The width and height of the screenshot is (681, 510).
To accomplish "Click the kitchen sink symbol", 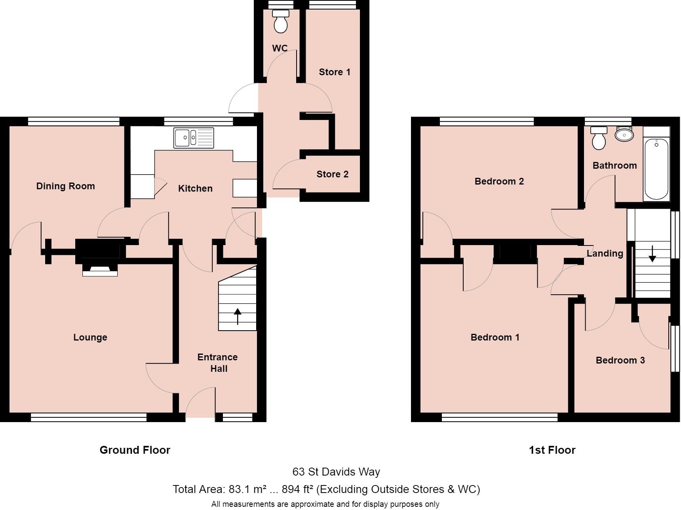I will pos(193,138).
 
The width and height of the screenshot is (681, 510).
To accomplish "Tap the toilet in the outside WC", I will pos(281,22).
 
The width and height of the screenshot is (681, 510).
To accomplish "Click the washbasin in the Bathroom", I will pos(624,135).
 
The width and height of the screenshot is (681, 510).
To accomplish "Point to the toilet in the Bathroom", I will pos(599,138).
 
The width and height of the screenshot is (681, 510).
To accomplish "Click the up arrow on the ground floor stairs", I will pos(238,316).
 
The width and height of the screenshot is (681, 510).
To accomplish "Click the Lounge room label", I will pos(90,337).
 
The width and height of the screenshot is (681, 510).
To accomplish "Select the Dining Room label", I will pos(65,186).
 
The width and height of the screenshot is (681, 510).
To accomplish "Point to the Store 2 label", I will pos(332,174).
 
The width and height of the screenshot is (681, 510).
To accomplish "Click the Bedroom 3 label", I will pos(620,360).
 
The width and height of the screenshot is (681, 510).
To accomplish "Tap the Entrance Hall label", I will pos(218,363).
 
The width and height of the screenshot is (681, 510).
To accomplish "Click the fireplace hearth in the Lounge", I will pos(100,271).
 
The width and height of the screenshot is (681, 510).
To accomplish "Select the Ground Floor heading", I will pos(135,450).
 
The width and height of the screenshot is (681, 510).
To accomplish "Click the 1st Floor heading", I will pos(552,450).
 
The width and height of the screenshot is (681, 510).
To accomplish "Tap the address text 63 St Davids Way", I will pos(336,472).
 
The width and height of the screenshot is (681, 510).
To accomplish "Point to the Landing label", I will pos(605,253).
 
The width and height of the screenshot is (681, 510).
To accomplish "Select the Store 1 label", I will pos(335,72).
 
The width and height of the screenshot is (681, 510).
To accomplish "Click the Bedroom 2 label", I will pos(499,181).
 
